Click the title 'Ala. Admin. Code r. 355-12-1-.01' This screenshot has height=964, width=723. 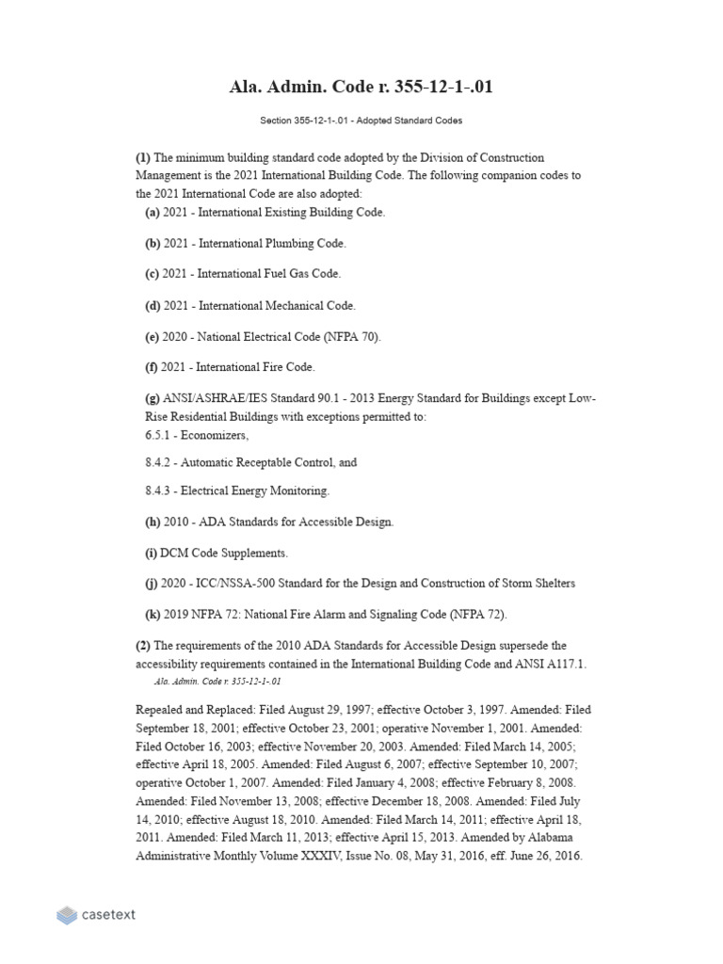point(361,87)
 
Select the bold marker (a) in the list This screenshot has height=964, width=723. point(152,213)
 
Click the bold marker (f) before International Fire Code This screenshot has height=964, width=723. point(152,367)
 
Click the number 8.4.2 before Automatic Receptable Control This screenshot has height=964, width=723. point(157,463)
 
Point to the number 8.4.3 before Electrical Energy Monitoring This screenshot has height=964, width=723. point(157,491)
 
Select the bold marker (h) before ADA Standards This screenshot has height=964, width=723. point(152,522)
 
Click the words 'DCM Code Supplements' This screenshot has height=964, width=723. point(224,553)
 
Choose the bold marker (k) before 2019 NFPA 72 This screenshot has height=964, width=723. point(152,615)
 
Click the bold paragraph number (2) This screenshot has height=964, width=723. point(143,646)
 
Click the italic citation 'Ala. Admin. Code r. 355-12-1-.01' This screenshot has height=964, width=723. point(217,681)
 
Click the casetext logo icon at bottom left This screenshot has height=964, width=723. point(67,914)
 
